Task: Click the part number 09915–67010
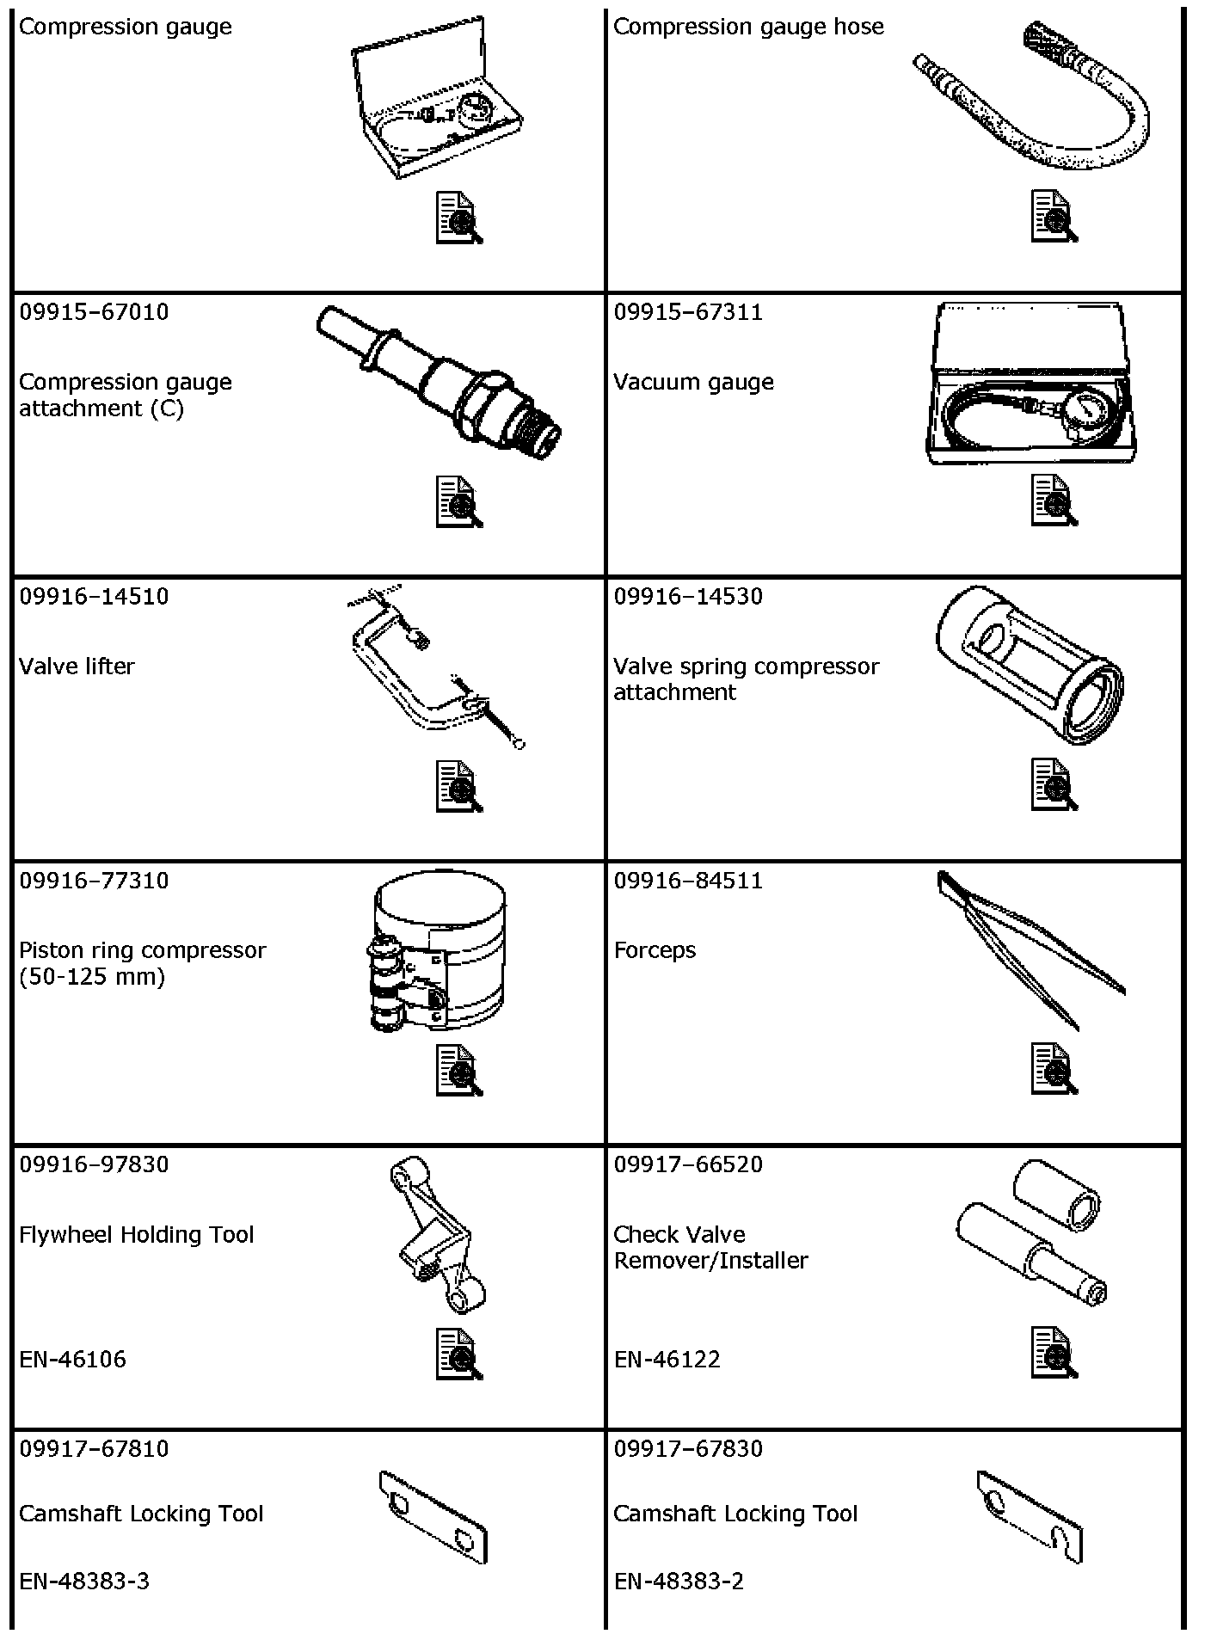click(94, 311)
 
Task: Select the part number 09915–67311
click(688, 311)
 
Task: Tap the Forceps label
click(655, 950)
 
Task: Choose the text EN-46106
click(72, 1359)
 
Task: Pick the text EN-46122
click(667, 1359)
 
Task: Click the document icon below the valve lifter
click(459, 785)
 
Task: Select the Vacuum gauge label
click(693, 382)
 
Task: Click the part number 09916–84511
click(688, 880)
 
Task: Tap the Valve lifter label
click(77, 666)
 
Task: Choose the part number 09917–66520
click(688, 1164)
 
